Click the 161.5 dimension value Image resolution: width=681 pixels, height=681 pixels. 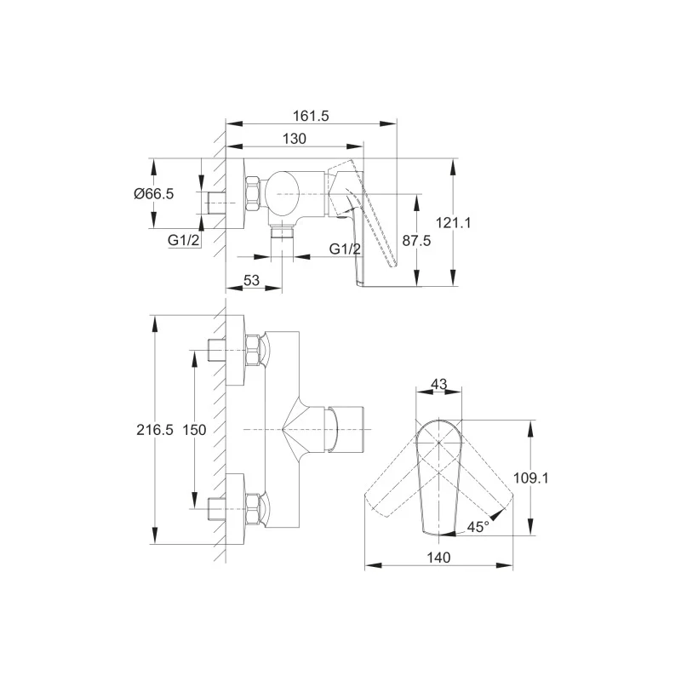(311, 116)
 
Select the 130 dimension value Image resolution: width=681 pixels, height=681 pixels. (295, 139)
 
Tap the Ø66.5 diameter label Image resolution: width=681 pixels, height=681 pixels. (154, 194)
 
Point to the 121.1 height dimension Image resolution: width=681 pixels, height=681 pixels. (453, 223)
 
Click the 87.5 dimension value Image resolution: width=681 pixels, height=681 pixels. (416, 240)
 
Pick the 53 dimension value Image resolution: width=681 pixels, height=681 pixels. (251, 280)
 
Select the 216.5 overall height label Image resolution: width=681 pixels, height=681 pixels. (155, 430)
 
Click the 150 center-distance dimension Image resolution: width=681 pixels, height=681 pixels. (194, 430)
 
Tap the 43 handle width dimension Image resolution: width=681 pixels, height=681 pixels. (438, 384)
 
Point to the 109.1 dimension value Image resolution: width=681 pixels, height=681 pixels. (530, 478)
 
